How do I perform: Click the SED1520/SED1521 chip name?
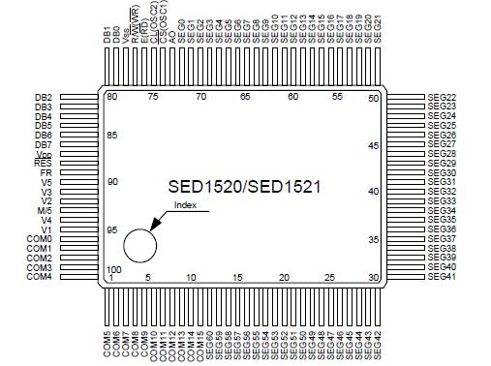click(x=244, y=187)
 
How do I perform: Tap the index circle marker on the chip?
click(x=139, y=244)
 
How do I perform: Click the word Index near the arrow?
click(x=184, y=205)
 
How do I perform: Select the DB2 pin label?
click(x=43, y=98)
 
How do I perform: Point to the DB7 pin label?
click(x=43, y=144)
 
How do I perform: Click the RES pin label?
click(x=43, y=164)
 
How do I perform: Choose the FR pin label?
click(x=46, y=172)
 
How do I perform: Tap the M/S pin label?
click(x=44, y=210)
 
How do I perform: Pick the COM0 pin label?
click(x=39, y=239)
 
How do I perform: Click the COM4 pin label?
click(x=39, y=277)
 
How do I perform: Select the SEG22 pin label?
click(x=442, y=98)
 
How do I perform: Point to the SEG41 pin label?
click(x=442, y=277)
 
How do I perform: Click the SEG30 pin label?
click(x=442, y=172)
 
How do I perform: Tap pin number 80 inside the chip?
click(x=111, y=97)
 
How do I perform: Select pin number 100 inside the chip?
click(x=113, y=268)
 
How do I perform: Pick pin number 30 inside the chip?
click(x=373, y=277)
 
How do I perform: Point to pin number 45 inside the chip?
click(x=373, y=145)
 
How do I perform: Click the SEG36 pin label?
click(x=442, y=229)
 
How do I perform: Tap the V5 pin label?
click(x=46, y=182)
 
